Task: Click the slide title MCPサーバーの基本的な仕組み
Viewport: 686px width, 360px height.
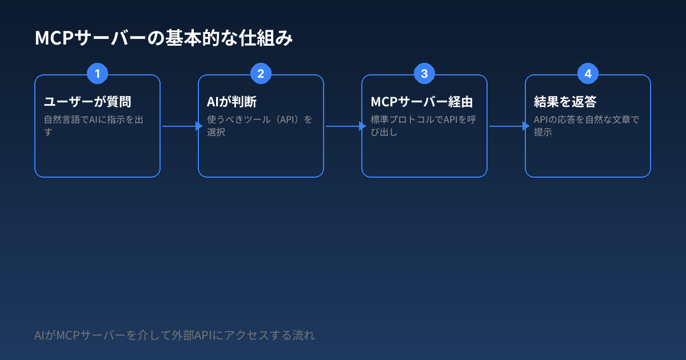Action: [x=164, y=39]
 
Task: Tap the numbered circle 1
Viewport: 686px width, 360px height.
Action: [x=97, y=74]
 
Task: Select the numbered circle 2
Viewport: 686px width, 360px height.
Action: [x=261, y=74]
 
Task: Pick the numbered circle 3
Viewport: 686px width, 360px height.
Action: [x=424, y=74]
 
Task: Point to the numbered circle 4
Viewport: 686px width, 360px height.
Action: [x=588, y=74]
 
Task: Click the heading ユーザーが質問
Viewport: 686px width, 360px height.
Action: [x=88, y=102]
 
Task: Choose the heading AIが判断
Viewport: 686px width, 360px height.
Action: [x=232, y=102]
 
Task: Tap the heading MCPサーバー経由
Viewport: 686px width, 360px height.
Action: [x=422, y=102]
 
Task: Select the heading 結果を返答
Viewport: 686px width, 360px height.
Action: [x=565, y=102]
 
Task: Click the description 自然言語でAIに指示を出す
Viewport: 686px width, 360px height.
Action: [x=94, y=126]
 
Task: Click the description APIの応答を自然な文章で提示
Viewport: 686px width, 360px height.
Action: [x=586, y=126]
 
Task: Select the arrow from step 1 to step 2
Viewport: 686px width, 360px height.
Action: [x=180, y=126]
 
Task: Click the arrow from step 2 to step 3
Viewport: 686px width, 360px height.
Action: [x=343, y=126]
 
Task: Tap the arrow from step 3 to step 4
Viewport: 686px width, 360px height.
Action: [x=506, y=126]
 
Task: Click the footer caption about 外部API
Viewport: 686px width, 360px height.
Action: [x=174, y=335]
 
